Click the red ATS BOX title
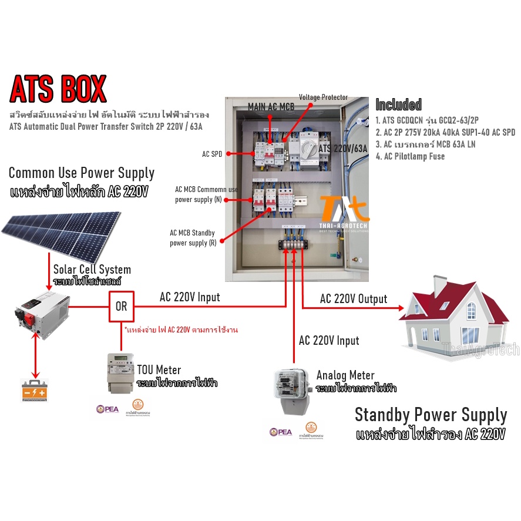(58, 89)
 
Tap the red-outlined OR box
(121, 307)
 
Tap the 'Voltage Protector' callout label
(323, 97)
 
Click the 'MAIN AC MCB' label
(271, 107)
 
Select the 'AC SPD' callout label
(211, 153)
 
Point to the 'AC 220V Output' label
(353, 299)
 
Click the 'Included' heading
(398, 105)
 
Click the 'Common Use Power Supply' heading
(82, 173)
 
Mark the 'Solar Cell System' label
(92, 270)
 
